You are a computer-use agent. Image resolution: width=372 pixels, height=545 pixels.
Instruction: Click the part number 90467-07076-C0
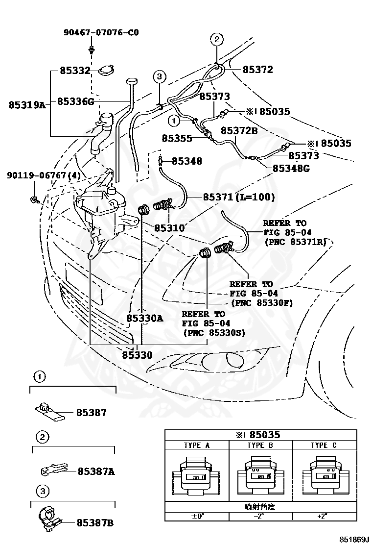pos(101,33)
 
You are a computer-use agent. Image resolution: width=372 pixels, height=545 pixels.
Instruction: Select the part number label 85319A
pos(26,104)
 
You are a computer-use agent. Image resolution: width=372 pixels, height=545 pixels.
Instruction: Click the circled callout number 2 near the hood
pos(217,39)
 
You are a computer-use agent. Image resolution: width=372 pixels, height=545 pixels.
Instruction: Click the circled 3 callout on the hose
pos(160,76)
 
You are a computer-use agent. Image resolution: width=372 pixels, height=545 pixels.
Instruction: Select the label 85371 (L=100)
pos(239,197)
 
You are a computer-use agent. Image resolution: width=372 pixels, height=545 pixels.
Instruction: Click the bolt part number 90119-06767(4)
pos(37,175)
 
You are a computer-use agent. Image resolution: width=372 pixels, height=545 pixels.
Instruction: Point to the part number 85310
pos(169,228)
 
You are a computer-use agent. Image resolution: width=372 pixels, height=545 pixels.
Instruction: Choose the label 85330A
pos(145,318)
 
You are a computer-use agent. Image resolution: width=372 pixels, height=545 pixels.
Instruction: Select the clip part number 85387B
pos(95,523)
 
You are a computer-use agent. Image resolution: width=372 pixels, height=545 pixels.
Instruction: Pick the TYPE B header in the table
pos(260,445)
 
